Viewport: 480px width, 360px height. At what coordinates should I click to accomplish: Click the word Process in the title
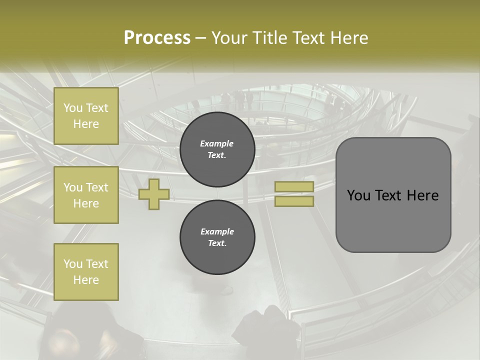click(157, 38)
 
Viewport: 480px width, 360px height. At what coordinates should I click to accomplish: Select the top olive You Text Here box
click(86, 116)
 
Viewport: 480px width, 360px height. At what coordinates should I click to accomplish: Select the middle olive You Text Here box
click(86, 195)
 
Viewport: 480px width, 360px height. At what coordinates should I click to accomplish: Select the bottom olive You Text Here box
click(86, 272)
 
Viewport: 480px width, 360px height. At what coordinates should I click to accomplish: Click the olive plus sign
click(154, 194)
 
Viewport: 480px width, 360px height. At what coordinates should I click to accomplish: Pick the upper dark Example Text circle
click(217, 149)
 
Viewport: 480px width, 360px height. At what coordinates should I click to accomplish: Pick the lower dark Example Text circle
click(217, 237)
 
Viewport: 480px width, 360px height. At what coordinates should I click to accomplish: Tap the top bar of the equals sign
click(294, 186)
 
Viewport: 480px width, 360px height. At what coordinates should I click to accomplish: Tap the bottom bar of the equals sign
click(294, 201)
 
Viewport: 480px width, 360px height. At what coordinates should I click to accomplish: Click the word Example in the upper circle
click(217, 143)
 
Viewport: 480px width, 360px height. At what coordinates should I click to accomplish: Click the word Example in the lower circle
click(217, 231)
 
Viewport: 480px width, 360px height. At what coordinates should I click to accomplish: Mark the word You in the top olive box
click(73, 108)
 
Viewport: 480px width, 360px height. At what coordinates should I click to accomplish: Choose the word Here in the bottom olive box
click(86, 280)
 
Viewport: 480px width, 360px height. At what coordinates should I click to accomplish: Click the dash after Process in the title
click(201, 38)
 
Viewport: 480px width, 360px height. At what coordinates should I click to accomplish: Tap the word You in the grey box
click(358, 195)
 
